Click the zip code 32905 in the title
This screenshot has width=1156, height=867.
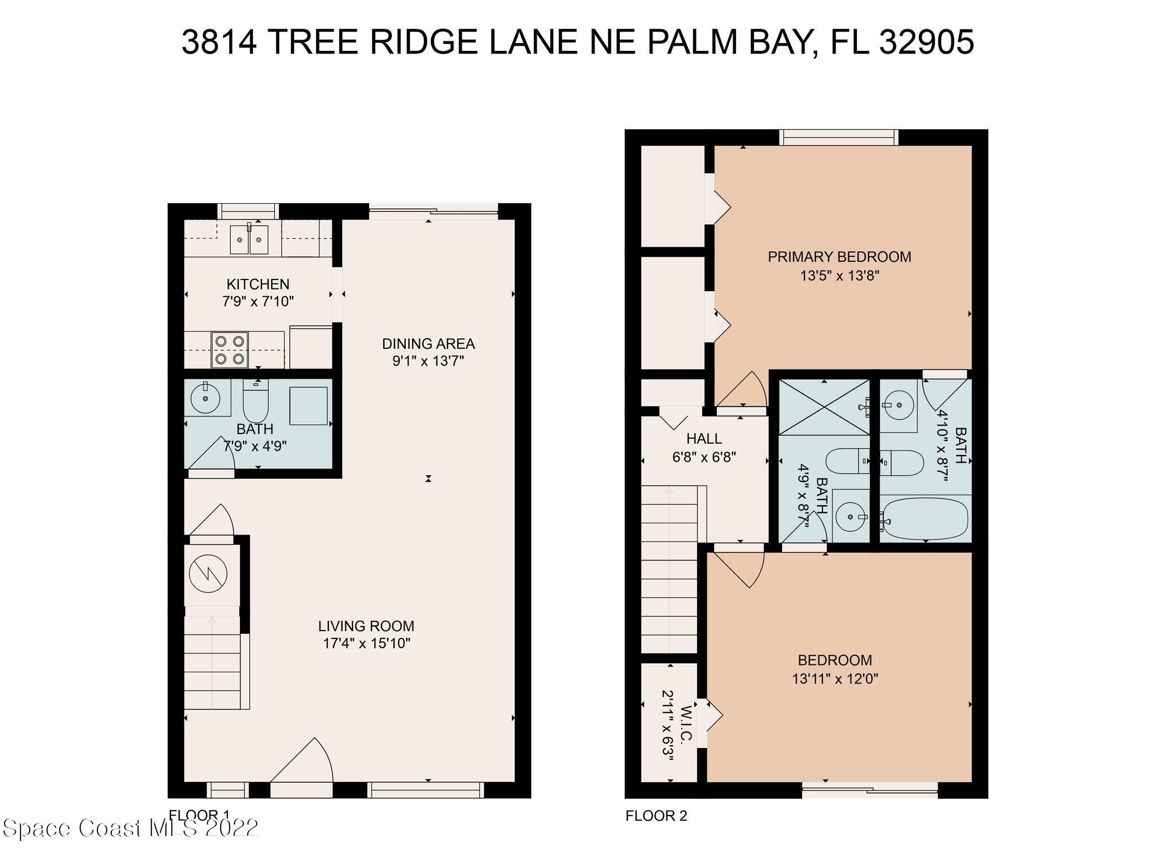926,42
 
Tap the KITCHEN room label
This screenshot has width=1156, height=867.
258,284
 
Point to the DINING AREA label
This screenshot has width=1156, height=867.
428,344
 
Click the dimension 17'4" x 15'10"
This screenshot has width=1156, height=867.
366,643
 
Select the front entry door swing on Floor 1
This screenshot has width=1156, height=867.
302,762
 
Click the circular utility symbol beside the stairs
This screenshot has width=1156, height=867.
208,574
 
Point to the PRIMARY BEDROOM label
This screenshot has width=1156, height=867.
839,257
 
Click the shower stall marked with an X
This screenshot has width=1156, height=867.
824,408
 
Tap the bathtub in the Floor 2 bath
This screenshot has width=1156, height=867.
925,518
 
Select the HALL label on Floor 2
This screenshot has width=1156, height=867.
704,439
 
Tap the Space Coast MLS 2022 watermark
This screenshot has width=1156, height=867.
130,828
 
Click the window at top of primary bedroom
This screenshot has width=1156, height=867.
839,137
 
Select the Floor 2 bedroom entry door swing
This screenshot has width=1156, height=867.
737,569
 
